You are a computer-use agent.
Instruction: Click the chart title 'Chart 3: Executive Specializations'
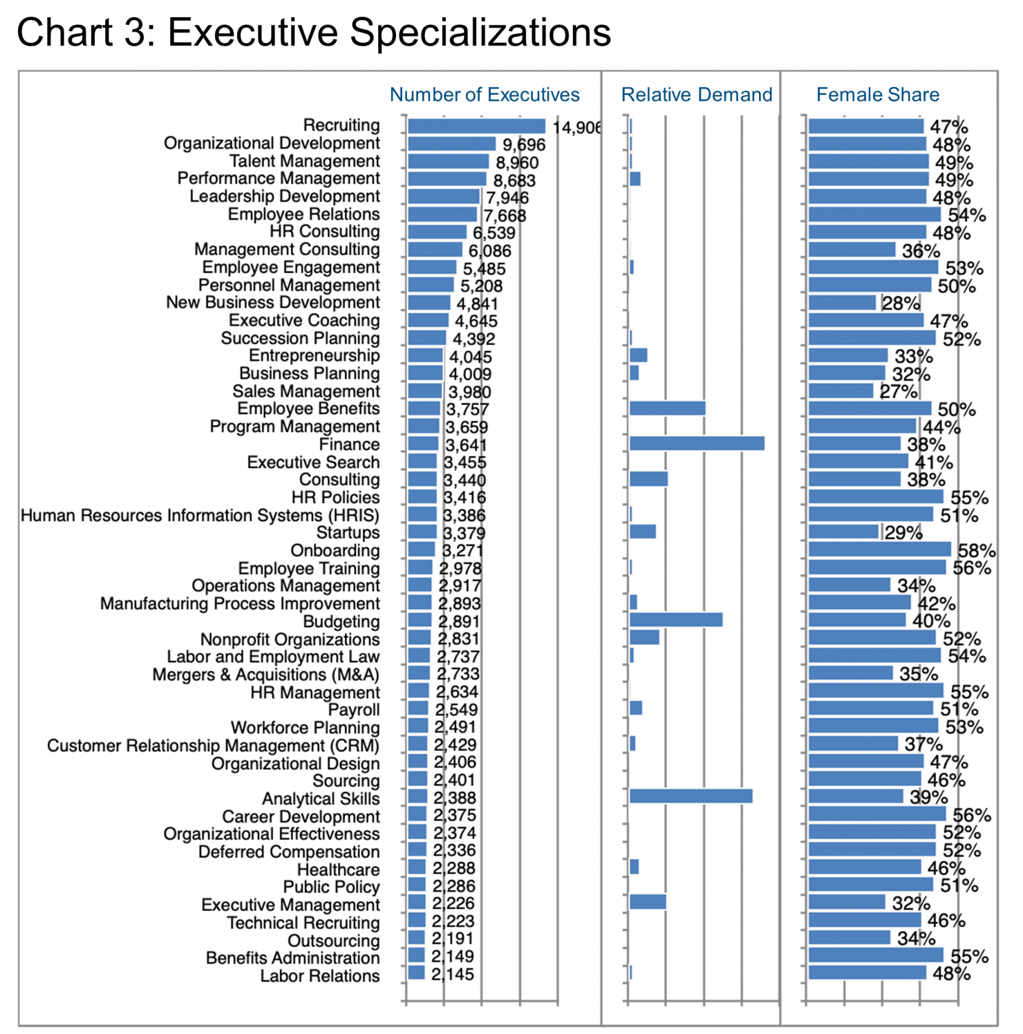coord(313,32)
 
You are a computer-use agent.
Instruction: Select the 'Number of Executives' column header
coord(484,94)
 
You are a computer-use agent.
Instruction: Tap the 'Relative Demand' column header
coord(696,94)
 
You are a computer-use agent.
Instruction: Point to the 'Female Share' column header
coord(877,94)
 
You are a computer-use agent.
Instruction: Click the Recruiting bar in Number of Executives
coord(477,126)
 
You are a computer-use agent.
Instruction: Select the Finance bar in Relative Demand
coord(697,443)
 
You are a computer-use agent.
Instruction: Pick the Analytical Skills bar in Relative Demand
coord(691,796)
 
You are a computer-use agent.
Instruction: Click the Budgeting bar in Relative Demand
coord(676,620)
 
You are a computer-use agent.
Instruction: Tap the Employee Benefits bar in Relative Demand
coord(668,408)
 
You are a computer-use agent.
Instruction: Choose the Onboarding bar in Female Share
coord(879,549)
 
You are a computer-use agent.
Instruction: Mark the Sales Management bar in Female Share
coord(841,390)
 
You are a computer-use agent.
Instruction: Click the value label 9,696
coord(524,145)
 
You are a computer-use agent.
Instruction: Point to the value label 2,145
coord(453,974)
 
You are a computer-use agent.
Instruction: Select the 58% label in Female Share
coord(977,550)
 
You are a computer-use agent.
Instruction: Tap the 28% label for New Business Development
coord(901,303)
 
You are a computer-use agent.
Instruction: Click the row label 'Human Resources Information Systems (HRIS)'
coord(200,515)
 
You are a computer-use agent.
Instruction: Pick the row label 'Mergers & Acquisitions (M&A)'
coord(266,675)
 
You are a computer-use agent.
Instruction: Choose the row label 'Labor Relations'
coord(320,976)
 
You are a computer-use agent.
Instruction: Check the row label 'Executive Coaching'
coord(304,321)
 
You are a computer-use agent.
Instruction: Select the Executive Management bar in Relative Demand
coord(648,902)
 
